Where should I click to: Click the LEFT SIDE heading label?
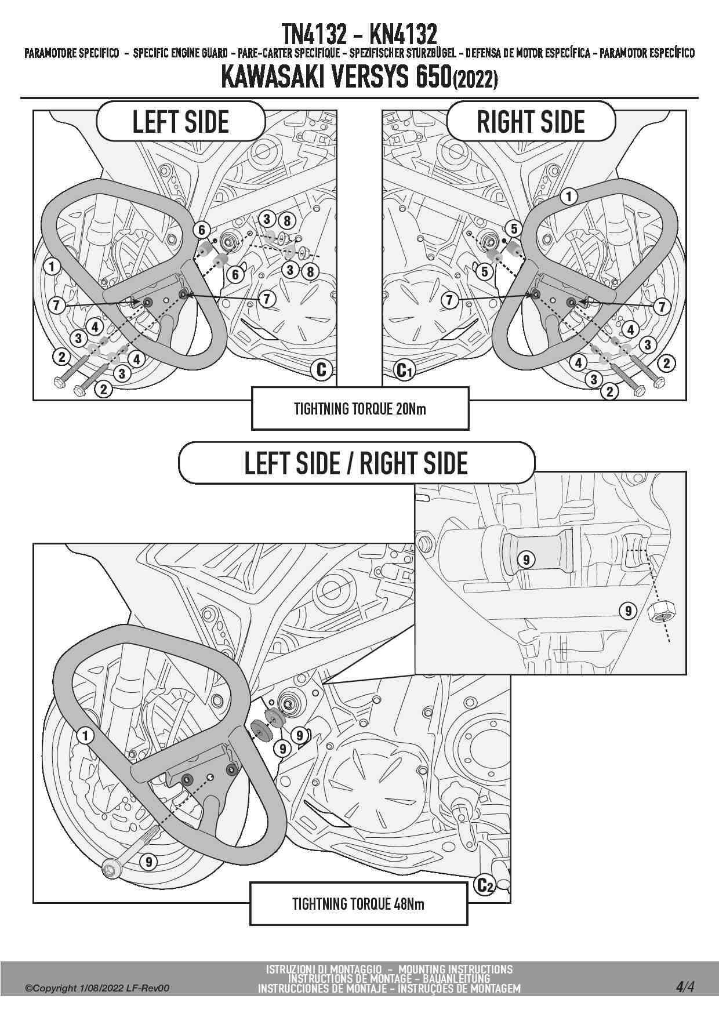point(181,122)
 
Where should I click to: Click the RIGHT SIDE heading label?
point(531,122)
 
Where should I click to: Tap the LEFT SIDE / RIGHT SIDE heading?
point(356,463)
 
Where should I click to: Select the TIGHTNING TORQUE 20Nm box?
point(359,409)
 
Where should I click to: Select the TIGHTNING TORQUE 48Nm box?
point(358,903)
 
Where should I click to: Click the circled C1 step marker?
point(404,369)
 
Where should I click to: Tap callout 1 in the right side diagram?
point(569,197)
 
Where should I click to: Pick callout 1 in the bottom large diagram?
point(85,736)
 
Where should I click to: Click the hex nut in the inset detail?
point(661,611)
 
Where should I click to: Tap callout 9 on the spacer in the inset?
point(526,560)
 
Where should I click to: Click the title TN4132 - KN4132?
point(359,35)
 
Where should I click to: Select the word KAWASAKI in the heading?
point(272,78)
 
